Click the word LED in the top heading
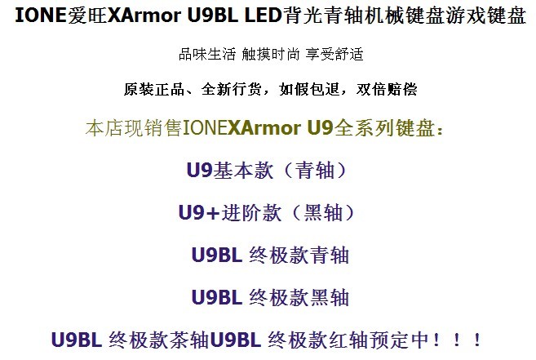pos(264,15)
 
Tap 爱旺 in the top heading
pos(87,16)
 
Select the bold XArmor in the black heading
pos(144,15)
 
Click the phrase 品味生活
pos(207,54)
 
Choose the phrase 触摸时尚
pos(270,54)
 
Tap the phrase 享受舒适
pos(334,54)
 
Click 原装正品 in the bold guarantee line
pos(154,89)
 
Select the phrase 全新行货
pos(232,89)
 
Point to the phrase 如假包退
pos(309,89)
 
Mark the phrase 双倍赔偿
pos(387,89)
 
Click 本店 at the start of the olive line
pos(104,128)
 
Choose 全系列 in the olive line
pos(365,128)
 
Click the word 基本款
pos(243,170)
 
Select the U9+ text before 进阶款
pos(199,212)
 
